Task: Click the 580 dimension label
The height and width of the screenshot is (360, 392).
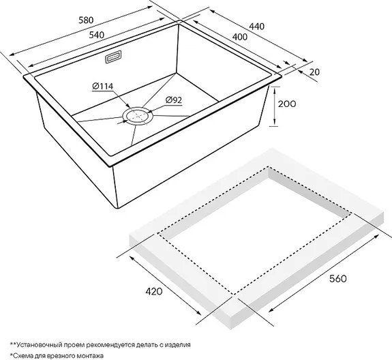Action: pyautogui.click(x=86, y=20)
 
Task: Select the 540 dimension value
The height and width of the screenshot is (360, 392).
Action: pyautogui.click(x=97, y=35)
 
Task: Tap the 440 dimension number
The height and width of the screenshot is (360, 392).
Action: pyautogui.click(x=256, y=26)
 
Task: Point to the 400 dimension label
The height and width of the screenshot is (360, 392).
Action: pyautogui.click(x=240, y=37)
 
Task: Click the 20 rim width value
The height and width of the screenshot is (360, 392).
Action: pyautogui.click(x=314, y=72)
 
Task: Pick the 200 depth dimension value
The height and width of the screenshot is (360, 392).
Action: pyautogui.click(x=287, y=104)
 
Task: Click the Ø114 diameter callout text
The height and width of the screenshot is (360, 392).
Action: pyautogui.click(x=103, y=87)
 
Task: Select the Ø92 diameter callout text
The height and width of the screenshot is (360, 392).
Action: pyautogui.click(x=173, y=100)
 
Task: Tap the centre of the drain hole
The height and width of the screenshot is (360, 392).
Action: pyautogui.click(x=138, y=116)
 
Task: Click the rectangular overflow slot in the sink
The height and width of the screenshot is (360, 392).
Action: pyautogui.click(x=113, y=57)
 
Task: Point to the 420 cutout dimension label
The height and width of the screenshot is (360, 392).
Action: pyautogui.click(x=154, y=292)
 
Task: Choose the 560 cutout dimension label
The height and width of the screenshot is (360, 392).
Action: pyautogui.click(x=337, y=278)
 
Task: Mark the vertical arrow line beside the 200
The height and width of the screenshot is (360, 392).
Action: pyautogui.click(x=275, y=106)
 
